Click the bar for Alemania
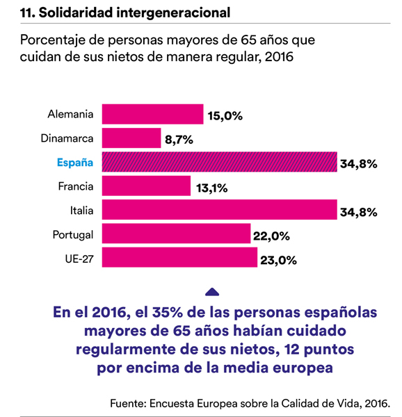[x=153, y=114]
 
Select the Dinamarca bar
[x=131, y=138]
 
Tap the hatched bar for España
[x=220, y=162]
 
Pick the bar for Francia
[x=146, y=186]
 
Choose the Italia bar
[x=220, y=210]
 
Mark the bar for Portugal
[x=176, y=234]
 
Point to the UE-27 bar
[x=179, y=257]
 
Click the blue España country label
[x=75, y=163]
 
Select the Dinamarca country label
[x=67, y=138]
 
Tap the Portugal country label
[x=73, y=235]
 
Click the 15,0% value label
[x=225, y=116]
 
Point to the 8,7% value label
[x=179, y=140]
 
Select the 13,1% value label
[x=211, y=188]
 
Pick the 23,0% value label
[x=278, y=261]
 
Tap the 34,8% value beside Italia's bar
[x=359, y=212]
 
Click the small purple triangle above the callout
[x=212, y=292]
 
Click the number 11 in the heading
[x=27, y=13]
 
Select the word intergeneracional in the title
[x=173, y=13]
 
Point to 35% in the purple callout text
[x=168, y=312]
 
